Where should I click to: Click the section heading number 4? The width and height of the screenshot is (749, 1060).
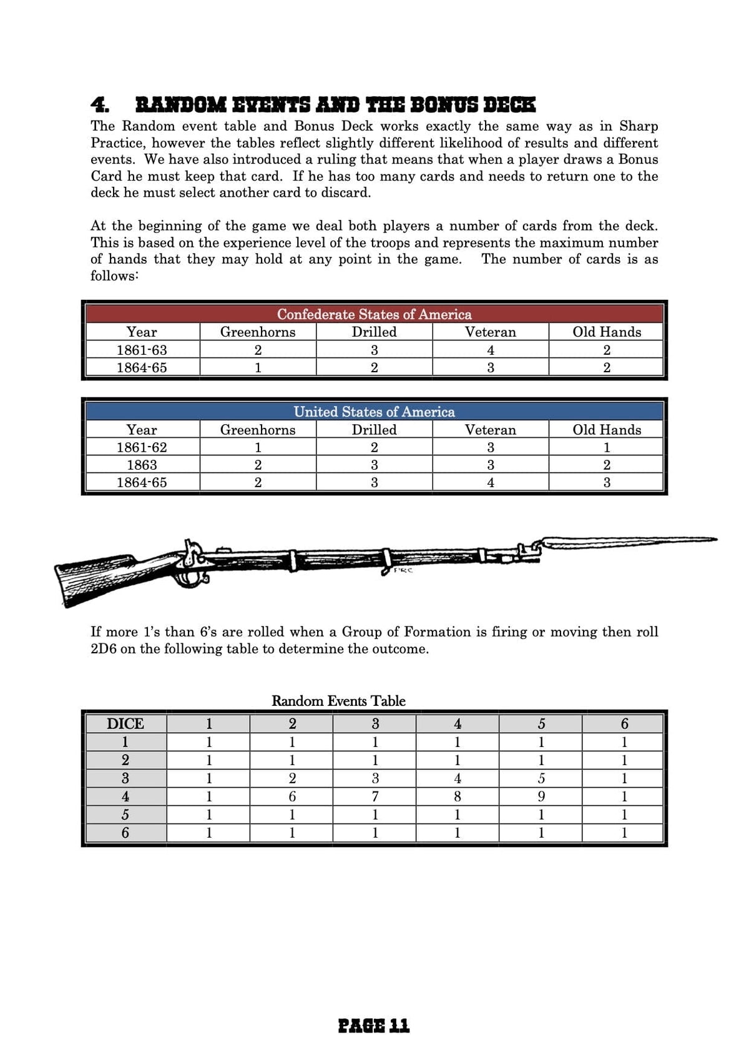[x=99, y=104]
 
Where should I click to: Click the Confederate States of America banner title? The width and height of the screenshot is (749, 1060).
[x=374, y=314]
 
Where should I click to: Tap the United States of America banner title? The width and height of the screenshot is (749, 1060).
[x=374, y=412]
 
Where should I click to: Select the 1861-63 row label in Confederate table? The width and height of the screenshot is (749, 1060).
[x=142, y=350]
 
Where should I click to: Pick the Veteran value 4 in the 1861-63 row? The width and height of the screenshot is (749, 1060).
[x=490, y=350]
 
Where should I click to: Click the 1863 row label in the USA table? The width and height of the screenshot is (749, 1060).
[x=142, y=465]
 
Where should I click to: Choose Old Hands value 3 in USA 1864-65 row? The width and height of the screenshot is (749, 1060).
[x=606, y=482]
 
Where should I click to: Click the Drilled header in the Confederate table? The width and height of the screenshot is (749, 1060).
[x=374, y=332]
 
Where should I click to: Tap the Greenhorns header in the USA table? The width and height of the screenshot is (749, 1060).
[x=257, y=430]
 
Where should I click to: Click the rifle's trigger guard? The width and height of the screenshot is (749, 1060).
[x=193, y=580]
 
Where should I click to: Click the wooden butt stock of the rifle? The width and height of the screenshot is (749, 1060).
[x=94, y=578]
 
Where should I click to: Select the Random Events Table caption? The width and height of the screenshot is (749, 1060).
[x=338, y=701]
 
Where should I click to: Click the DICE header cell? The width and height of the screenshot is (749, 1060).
[x=125, y=723]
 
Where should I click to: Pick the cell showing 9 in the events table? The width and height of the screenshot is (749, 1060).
[x=541, y=796]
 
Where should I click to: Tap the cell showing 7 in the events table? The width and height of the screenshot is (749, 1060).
[x=374, y=796]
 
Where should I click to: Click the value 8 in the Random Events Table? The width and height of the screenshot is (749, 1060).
[x=457, y=796]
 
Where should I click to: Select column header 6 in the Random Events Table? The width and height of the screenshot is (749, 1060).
[x=624, y=723]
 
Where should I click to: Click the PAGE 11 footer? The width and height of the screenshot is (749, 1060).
[x=373, y=1025]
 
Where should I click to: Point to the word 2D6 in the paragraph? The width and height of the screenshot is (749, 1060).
[x=103, y=649]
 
